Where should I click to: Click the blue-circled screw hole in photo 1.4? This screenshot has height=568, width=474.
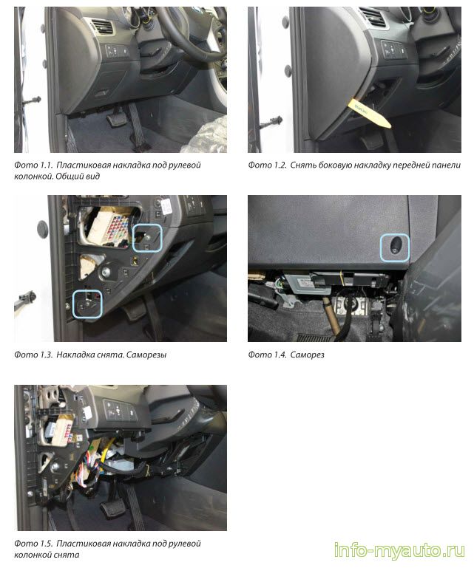[x=395, y=247]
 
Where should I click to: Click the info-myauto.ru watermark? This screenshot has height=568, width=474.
[x=399, y=550]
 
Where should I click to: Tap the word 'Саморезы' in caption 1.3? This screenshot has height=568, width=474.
[x=147, y=355]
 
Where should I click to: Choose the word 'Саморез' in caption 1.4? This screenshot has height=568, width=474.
[x=307, y=355]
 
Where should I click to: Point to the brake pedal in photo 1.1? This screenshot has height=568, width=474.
[x=116, y=119]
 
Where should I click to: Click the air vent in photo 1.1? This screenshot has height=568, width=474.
[x=102, y=27]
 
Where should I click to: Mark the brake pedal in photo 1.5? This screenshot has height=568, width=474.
[x=112, y=510]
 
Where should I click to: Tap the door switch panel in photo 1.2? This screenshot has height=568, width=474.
[x=393, y=49]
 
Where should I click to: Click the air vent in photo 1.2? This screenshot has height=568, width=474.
[x=373, y=17]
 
